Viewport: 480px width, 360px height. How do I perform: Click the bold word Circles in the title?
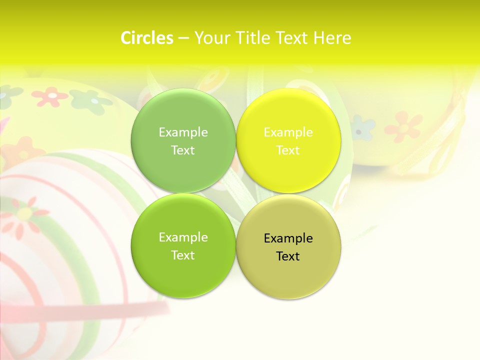pos(146,38)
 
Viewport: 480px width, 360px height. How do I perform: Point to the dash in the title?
pos(183,38)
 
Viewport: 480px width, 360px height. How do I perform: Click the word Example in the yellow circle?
pos(288,132)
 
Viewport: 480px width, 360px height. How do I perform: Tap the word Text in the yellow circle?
pos(288,150)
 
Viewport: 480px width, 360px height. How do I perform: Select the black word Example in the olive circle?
pos(288,238)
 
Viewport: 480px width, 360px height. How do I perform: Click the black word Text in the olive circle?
pos(288,256)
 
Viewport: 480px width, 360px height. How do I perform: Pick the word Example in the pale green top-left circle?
pos(183,132)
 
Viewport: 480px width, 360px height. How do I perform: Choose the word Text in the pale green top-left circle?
pos(183,150)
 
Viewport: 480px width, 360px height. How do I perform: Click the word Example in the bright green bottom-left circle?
pos(183,237)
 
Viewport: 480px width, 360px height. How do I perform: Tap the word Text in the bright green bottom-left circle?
pos(183,255)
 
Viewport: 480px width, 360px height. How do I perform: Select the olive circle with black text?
pos(310,275)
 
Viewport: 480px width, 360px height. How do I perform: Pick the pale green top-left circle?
pos(155,165)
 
